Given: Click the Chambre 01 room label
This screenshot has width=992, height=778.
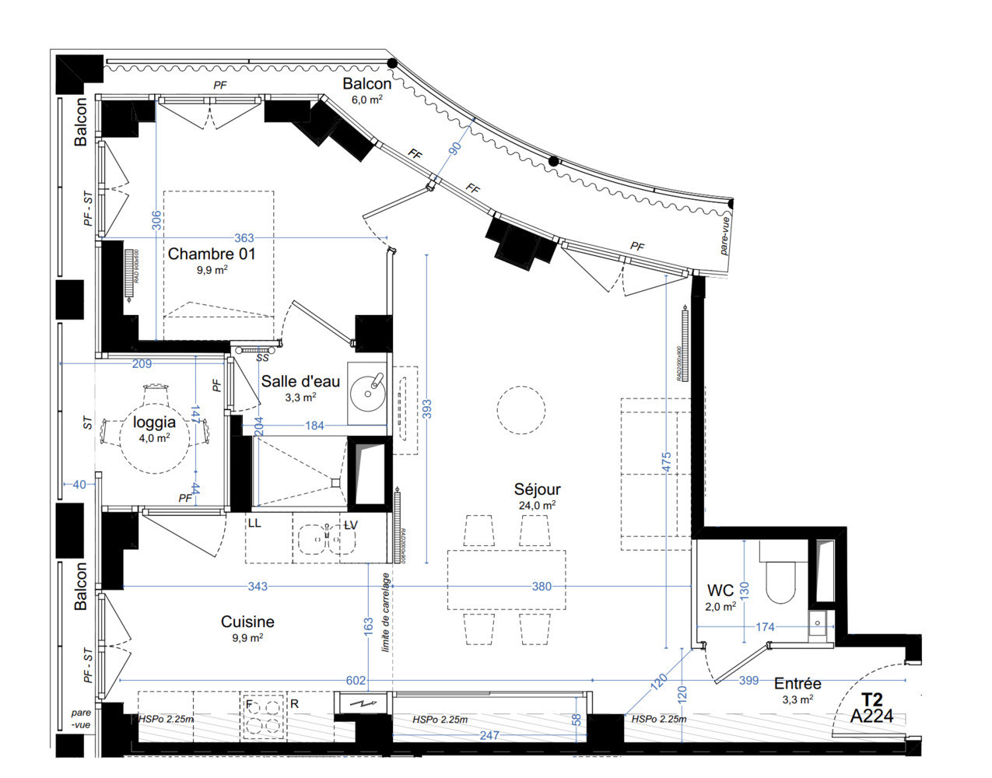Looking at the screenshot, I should (x=211, y=254).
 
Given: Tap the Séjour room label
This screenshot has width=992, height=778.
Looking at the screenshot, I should (x=537, y=489).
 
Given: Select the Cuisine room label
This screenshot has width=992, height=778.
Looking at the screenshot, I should (x=247, y=622).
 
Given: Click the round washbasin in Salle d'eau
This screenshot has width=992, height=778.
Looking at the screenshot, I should (x=368, y=391).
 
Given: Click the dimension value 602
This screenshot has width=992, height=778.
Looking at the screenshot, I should (x=356, y=681).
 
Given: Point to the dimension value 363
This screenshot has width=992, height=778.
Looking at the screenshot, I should (x=244, y=238).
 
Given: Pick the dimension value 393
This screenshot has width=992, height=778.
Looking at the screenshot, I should (x=426, y=409).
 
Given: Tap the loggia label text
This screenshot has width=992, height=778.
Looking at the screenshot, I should (x=154, y=422).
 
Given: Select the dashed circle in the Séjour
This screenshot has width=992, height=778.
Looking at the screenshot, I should (x=521, y=409).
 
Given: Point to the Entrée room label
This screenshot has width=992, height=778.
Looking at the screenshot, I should (x=797, y=684).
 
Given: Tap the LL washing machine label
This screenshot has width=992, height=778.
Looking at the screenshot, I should (x=254, y=524).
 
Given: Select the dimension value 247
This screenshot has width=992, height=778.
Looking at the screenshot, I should (x=489, y=735).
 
